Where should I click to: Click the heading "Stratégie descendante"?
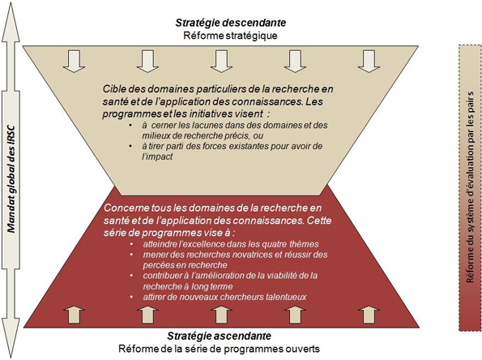point(231,23)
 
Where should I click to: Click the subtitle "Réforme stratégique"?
point(230,36)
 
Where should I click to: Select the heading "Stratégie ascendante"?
point(220,336)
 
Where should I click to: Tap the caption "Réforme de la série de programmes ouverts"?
point(220,349)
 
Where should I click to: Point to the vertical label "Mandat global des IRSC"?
point(11,179)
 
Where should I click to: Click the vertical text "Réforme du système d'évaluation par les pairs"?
point(470,187)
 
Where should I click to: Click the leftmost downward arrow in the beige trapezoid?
point(74,62)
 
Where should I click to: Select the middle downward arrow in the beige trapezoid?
point(221,62)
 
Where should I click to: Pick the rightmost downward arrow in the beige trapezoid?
point(369,62)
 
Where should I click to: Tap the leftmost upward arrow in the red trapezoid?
point(74,314)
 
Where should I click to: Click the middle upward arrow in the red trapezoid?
point(221,314)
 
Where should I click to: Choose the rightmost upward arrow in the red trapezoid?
point(369,314)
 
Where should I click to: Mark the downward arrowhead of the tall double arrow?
point(11,338)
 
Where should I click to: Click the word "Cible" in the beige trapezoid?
point(113,89)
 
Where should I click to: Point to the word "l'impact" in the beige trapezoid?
point(157,156)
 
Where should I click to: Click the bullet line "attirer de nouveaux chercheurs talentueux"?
point(224,297)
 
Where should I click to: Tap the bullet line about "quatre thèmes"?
point(231,244)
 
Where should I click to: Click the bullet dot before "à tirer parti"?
point(131,146)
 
